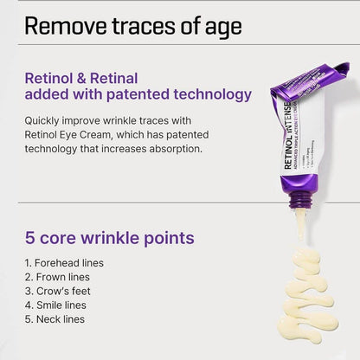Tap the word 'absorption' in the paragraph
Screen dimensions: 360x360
(171, 148)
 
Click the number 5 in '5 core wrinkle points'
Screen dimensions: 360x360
(30, 237)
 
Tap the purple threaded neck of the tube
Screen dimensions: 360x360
(299, 197)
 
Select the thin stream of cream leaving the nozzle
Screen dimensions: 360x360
(299, 225)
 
